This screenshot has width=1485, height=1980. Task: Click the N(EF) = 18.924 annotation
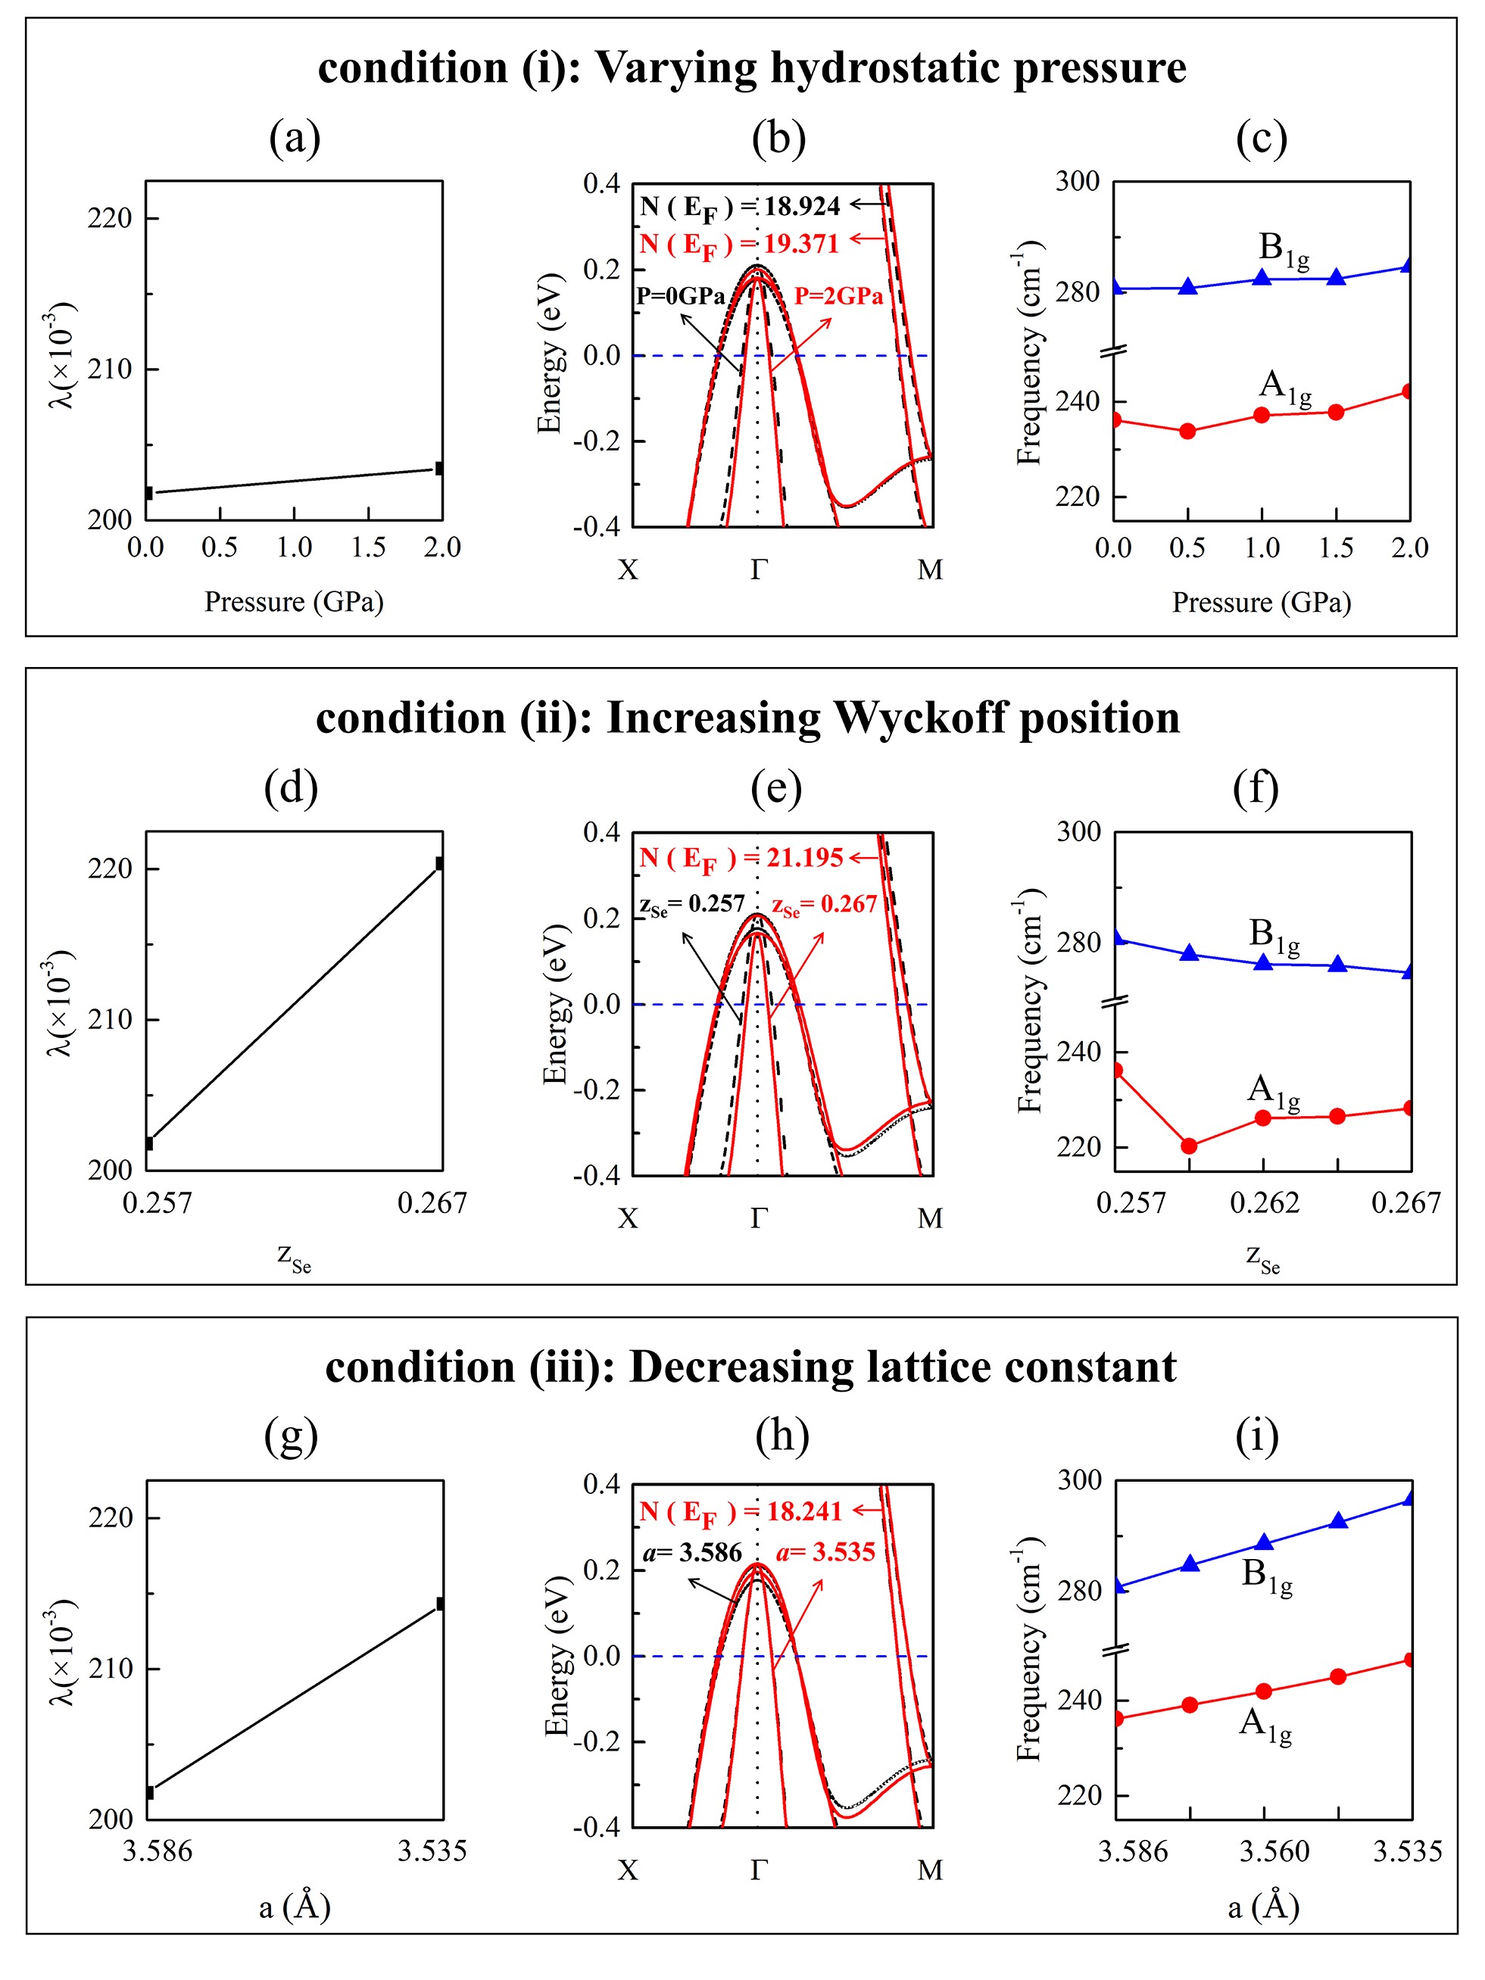point(739,207)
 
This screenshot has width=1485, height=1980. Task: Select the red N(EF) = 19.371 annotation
point(739,245)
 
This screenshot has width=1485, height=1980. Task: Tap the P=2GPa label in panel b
point(838,296)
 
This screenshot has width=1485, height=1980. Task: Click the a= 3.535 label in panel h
point(825,1552)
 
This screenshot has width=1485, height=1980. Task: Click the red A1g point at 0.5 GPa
point(1188,432)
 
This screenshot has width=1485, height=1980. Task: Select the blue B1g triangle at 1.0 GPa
point(1262,277)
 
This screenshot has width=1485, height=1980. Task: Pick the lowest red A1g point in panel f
point(1190,1146)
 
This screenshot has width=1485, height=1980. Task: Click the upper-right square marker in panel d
point(439,863)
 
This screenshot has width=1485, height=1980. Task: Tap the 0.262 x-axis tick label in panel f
point(1264,1202)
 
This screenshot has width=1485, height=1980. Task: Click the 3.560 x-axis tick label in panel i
point(1274,1851)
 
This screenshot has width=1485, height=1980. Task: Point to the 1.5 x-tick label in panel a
point(369,547)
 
